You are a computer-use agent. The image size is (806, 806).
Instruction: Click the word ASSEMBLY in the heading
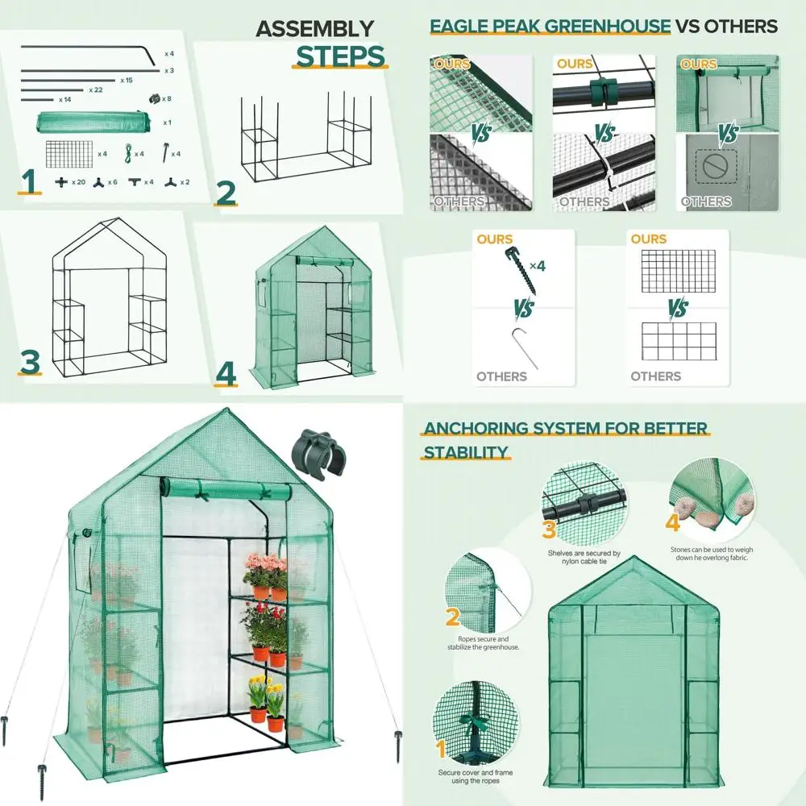click(x=314, y=29)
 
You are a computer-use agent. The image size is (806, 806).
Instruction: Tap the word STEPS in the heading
click(x=341, y=56)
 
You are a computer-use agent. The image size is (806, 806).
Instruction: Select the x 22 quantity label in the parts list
click(x=95, y=90)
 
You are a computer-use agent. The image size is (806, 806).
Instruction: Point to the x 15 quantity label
click(x=127, y=81)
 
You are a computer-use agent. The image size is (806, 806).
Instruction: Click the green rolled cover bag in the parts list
click(x=93, y=123)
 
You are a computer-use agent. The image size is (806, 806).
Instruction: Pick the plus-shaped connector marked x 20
click(x=61, y=182)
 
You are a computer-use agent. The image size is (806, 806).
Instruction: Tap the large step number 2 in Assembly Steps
click(x=226, y=194)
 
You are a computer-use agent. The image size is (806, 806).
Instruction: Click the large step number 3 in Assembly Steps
click(x=30, y=362)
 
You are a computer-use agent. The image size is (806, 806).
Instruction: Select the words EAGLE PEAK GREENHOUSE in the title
click(x=550, y=26)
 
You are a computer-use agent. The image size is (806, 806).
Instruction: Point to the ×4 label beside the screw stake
click(x=536, y=266)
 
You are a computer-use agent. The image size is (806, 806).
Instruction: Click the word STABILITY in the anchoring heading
click(x=466, y=451)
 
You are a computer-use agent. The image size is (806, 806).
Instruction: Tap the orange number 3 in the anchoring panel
click(x=549, y=530)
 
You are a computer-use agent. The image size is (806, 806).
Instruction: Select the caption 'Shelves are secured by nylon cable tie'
click(x=584, y=558)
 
